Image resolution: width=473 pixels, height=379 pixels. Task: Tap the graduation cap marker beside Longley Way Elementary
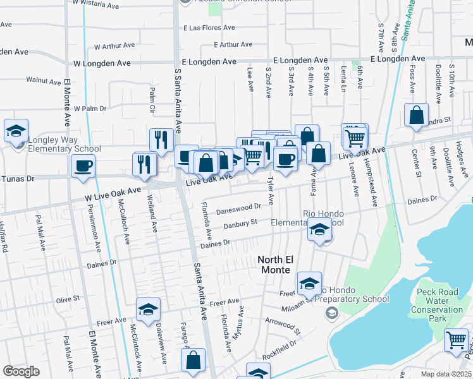pos(16,131)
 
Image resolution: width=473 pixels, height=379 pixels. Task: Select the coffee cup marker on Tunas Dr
pos(83,167)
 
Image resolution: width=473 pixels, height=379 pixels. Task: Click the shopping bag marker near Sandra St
pos(416,116)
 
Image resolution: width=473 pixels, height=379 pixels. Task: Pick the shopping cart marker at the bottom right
pos(456,340)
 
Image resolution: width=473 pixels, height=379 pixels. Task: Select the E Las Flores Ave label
pos(209,28)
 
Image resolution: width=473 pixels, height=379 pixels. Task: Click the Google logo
pos(21,371)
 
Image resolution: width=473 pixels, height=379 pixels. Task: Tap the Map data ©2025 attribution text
pos(446,374)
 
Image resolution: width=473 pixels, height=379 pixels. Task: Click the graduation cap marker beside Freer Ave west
pos(148,310)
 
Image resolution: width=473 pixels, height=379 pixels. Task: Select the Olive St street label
pos(68,298)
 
